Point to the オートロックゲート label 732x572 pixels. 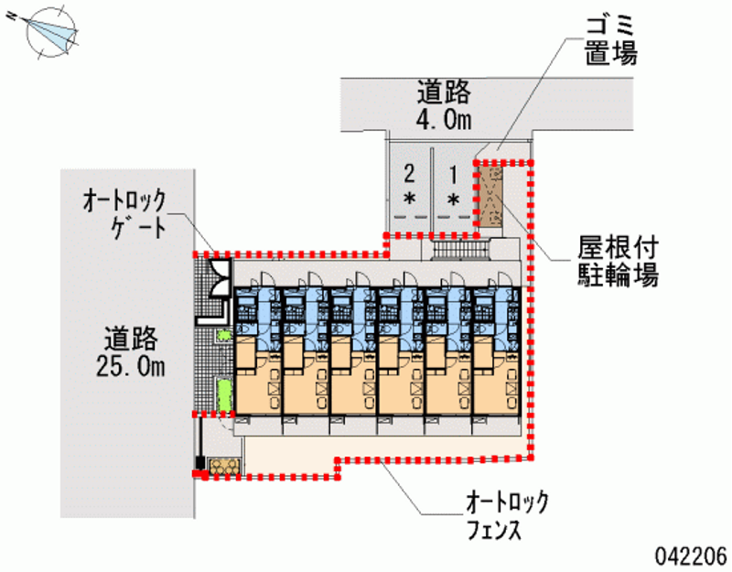124,212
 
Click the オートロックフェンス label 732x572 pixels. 507,514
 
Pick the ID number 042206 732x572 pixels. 690,555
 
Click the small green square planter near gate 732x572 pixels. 222,336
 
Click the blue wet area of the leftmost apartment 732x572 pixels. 256,311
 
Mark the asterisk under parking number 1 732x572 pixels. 453,199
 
